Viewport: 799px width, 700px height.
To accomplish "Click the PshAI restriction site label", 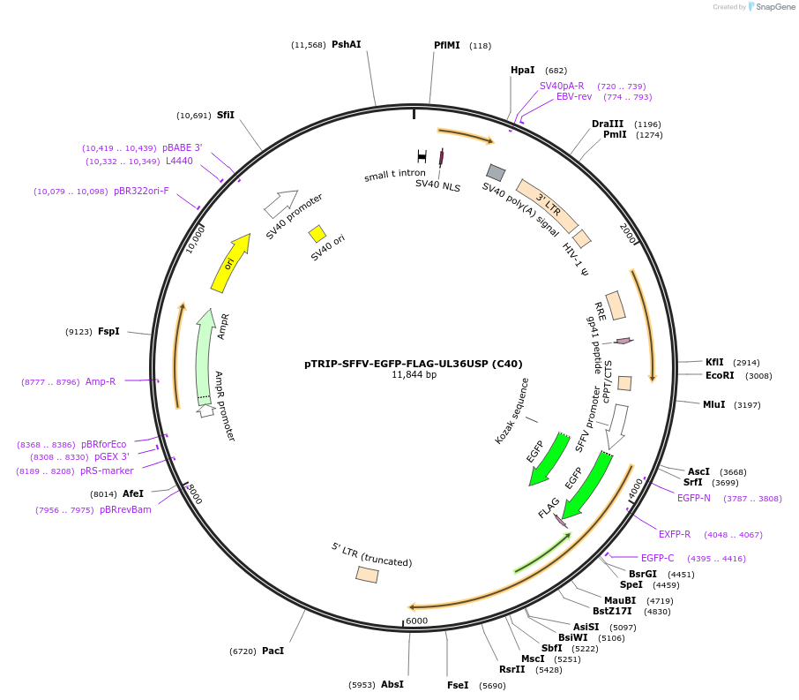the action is coord(346,44).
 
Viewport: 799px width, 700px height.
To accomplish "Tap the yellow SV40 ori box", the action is coord(317,234).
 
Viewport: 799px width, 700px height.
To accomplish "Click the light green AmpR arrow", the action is coord(206,353).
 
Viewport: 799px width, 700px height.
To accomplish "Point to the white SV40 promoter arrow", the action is coord(281,204).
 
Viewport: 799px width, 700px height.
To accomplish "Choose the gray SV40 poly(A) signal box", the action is coord(496,172).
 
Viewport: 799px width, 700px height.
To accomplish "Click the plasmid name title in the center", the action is coord(414,363).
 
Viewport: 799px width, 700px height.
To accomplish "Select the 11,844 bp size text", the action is coord(414,375).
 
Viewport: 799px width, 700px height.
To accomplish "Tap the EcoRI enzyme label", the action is coord(720,375).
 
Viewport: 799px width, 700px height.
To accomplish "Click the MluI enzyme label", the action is coord(714,404).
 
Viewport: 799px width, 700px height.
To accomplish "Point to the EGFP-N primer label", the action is coord(693,499).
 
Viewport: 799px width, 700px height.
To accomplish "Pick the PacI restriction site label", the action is coord(273,651).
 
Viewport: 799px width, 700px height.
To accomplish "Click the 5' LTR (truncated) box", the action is coord(367,575).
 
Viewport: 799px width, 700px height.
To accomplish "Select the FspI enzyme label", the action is coord(108,332).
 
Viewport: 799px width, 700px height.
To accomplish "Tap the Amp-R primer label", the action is coord(101,382).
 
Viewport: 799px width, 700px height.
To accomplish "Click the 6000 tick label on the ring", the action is coord(417,621).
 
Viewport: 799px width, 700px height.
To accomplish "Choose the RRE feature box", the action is coord(616,305).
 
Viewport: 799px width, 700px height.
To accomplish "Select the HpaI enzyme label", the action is coord(523,70).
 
